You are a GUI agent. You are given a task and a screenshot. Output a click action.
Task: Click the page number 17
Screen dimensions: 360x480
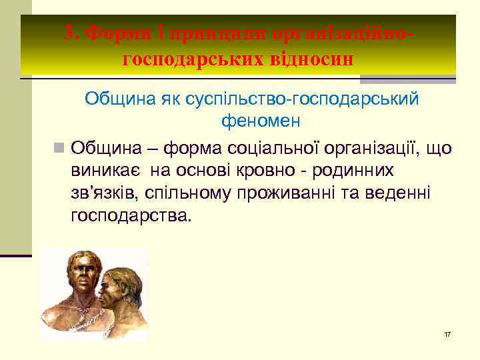pos(447,333)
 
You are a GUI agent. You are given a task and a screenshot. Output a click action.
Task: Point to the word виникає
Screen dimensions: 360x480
pos(106,170)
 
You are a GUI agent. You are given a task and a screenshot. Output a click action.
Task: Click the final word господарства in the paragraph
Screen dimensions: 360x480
pos(130,217)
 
